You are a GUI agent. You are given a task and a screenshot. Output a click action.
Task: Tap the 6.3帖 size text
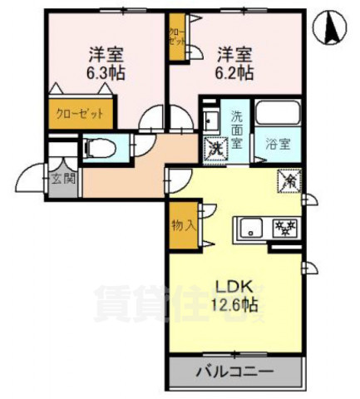click(x=107, y=72)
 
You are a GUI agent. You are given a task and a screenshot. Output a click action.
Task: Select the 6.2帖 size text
click(x=236, y=72)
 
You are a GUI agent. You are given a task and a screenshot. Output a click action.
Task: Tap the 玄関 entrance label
click(x=62, y=178)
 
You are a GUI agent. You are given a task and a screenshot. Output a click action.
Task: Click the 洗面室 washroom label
click(x=238, y=130)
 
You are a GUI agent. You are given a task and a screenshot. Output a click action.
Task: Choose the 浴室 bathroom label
click(x=277, y=143)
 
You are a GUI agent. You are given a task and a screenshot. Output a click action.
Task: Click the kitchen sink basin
click(x=252, y=225)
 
